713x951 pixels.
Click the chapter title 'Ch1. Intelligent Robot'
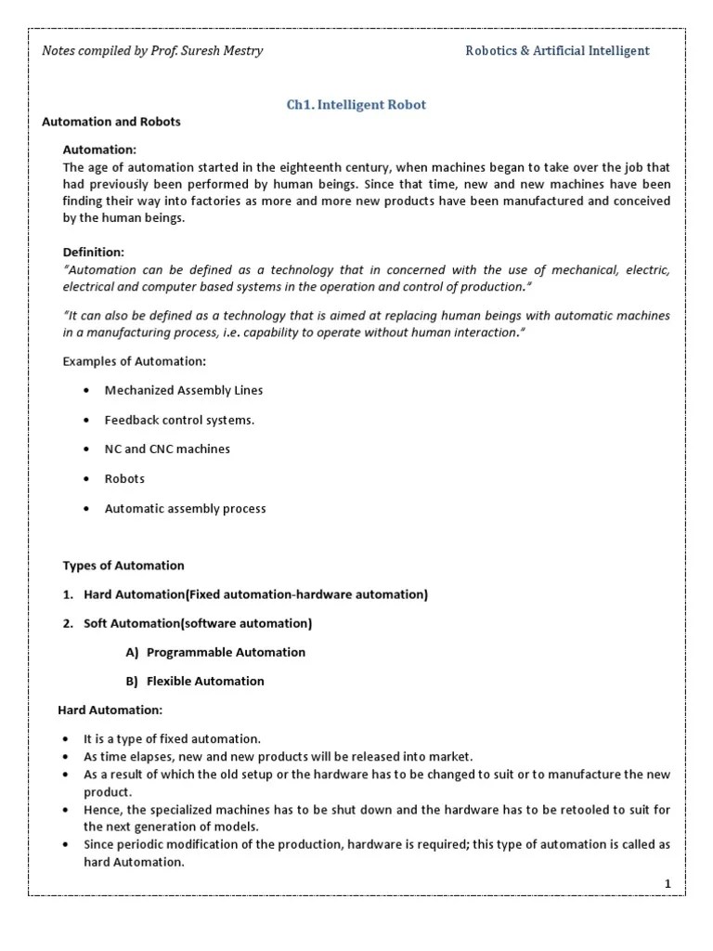click(356, 105)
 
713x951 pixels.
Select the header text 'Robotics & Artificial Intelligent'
click(557, 51)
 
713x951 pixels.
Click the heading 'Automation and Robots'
click(111, 122)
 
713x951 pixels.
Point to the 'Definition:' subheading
click(93, 252)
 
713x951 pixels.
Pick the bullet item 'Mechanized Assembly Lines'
click(184, 391)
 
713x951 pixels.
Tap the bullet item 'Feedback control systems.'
click(179, 420)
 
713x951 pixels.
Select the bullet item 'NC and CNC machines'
click(167, 449)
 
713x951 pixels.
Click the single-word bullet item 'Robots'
click(124, 479)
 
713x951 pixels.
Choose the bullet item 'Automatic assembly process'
click(185, 509)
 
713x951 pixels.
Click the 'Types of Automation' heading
click(123, 566)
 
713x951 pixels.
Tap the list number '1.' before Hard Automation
click(69, 594)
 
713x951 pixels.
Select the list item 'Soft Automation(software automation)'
click(198, 623)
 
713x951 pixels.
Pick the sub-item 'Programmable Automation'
click(226, 652)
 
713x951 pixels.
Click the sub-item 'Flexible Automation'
click(205, 681)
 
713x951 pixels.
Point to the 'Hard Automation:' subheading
click(110, 710)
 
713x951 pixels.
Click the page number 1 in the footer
click(668, 883)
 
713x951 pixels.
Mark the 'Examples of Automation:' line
click(135, 361)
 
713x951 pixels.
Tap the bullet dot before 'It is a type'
click(66, 739)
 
